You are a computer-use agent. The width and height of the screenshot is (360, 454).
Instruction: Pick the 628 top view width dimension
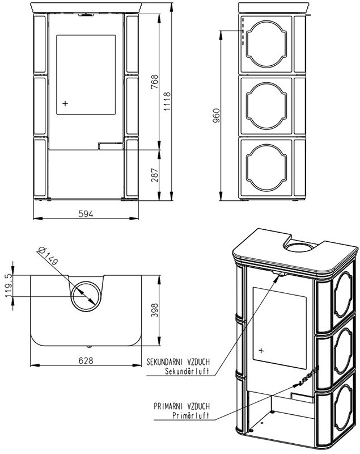coord(85,360)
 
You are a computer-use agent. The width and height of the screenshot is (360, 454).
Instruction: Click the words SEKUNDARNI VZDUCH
coord(179,361)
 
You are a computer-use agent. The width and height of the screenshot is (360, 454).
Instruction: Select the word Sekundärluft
coord(187,372)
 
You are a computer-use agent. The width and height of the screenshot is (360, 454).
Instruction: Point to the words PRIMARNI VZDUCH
coord(181,406)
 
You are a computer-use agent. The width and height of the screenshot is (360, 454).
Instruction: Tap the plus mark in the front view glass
coord(65,103)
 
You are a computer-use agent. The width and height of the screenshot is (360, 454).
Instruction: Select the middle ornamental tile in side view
coord(268,106)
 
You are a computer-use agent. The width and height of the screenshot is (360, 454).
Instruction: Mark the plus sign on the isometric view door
coord(261,350)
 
